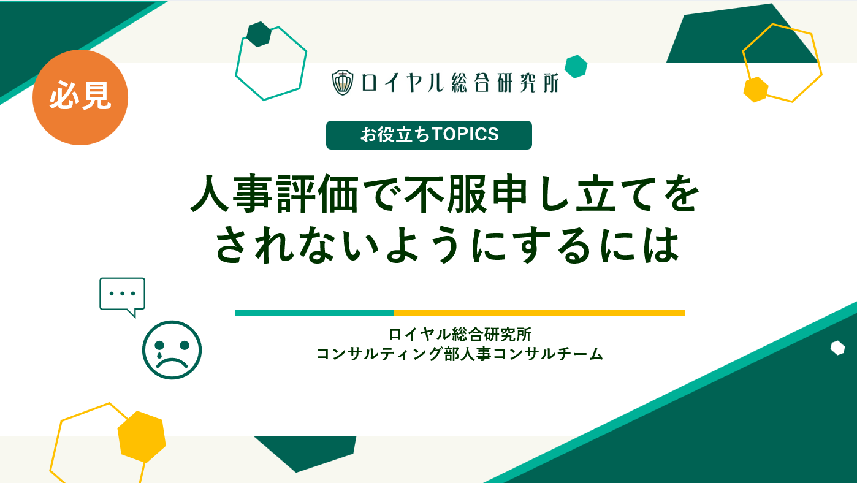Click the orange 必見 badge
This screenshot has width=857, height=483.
pyautogui.click(x=80, y=97)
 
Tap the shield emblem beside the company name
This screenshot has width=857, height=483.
pyautogui.click(x=343, y=82)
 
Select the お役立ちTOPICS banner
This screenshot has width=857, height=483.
pyautogui.click(x=429, y=135)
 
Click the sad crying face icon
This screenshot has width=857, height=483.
pyautogui.click(x=172, y=350)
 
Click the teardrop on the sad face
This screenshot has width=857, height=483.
pyautogui.click(x=159, y=355)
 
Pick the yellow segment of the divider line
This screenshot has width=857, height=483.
pyautogui.click(x=539, y=313)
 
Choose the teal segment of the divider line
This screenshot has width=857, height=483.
pyautogui.click(x=314, y=313)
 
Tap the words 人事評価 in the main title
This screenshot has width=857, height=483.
pyautogui.click(x=274, y=194)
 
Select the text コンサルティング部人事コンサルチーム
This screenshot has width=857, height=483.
pyautogui.click(x=460, y=354)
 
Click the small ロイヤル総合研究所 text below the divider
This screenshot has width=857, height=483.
pyautogui.click(x=460, y=335)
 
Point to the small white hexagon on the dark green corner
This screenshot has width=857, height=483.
pyautogui.click(x=837, y=348)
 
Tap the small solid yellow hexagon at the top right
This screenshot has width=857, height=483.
pyautogui.click(x=756, y=89)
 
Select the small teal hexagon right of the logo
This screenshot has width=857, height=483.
pyautogui.click(x=576, y=67)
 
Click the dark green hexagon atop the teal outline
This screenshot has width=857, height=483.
pyautogui.click(x=259, y=34)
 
